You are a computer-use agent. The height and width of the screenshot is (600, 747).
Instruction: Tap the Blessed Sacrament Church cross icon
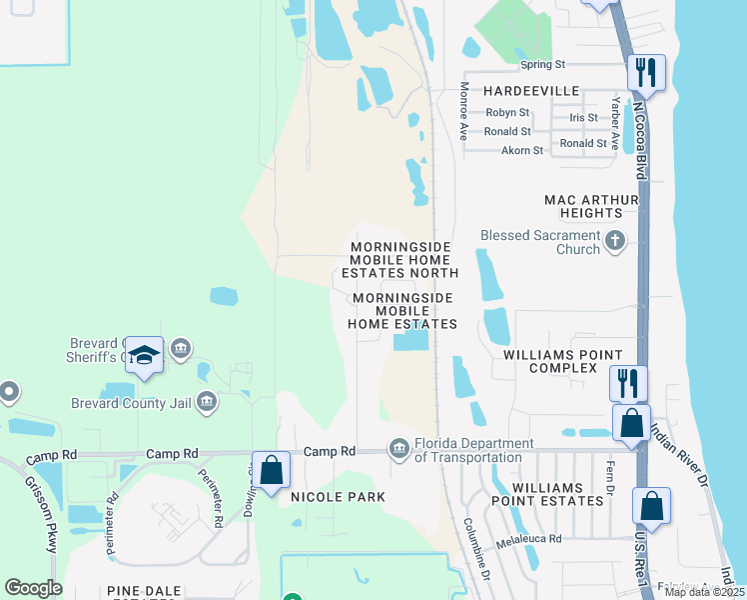point(614,240)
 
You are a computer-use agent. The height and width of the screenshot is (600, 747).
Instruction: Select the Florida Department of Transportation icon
point(399,447)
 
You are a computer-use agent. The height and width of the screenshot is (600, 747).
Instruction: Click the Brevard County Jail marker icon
point(207,402)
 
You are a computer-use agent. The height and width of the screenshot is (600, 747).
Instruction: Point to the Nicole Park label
point(338,497)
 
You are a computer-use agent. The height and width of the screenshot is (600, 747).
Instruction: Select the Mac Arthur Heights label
point(590,206)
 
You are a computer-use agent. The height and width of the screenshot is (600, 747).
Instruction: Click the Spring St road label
point(542,65)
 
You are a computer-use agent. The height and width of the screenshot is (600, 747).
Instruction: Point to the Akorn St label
point(522,151)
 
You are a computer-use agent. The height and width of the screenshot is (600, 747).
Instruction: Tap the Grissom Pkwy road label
point(40,514)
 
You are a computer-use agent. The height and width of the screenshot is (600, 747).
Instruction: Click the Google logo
point(33,588)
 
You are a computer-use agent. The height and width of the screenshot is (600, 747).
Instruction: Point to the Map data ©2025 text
point(703,592)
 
